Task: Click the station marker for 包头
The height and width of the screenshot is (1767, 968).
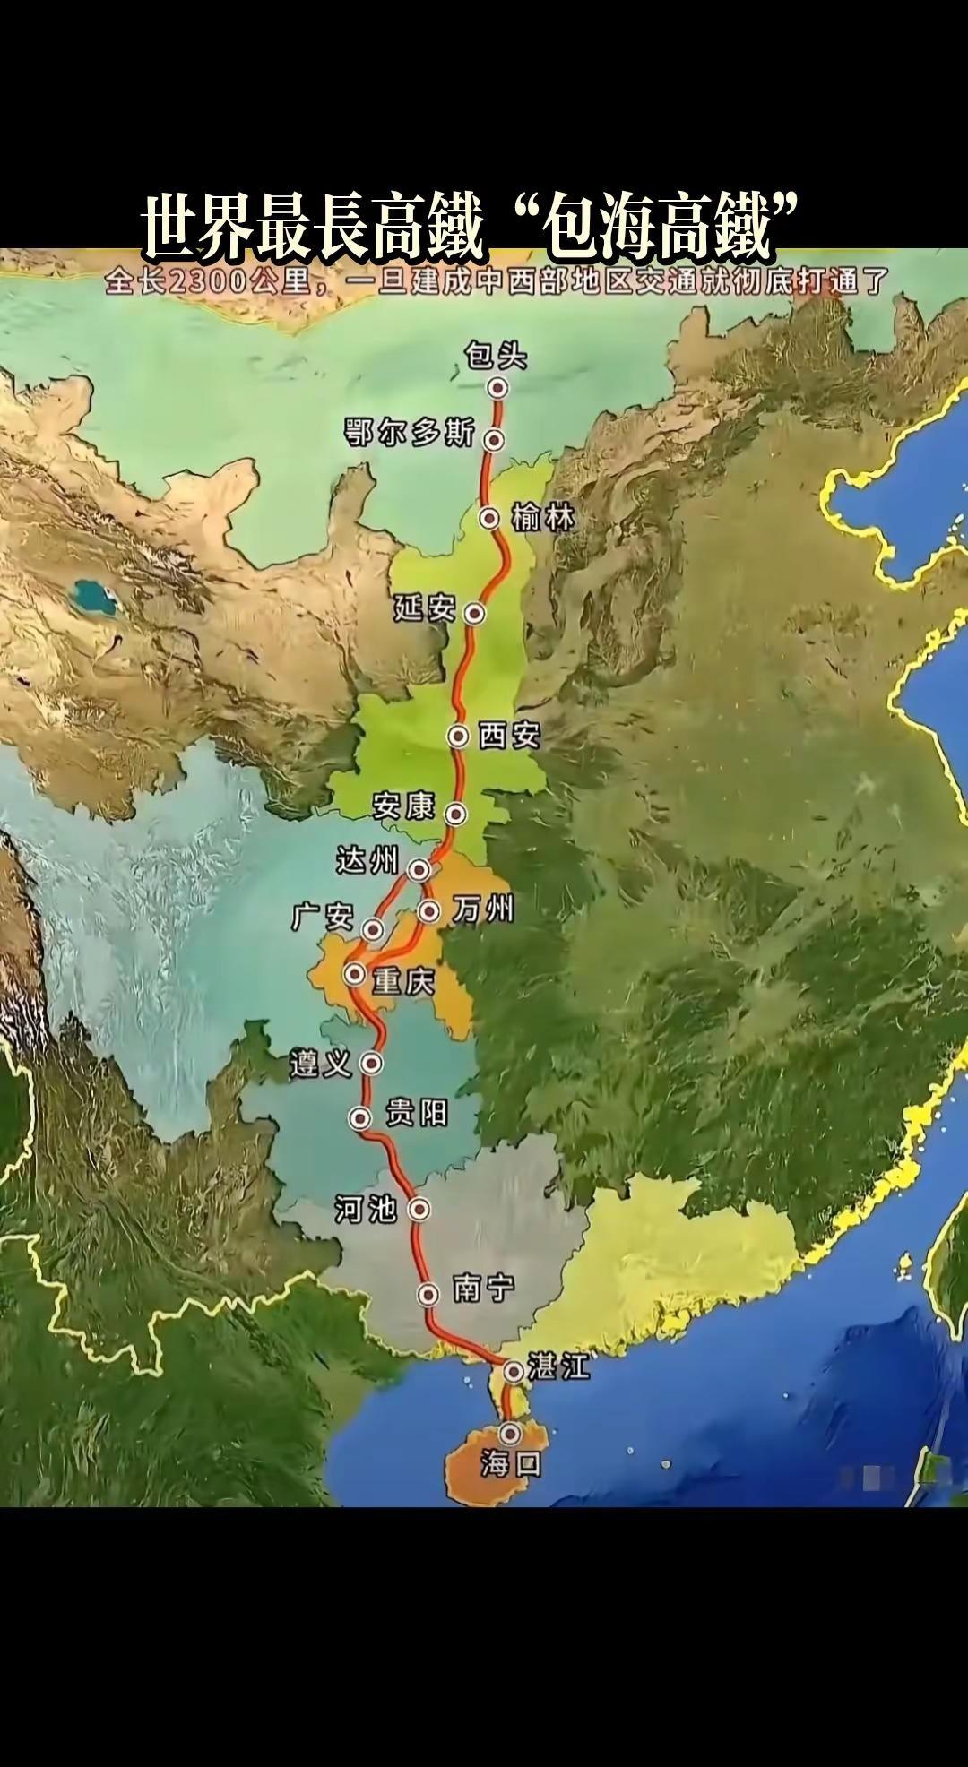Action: point(497,387)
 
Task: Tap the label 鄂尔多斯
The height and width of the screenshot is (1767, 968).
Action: point(410,434)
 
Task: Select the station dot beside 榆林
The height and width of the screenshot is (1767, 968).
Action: point(489,518)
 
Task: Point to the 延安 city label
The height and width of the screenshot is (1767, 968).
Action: point(425,609)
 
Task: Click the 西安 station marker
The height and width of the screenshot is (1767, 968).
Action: point(459,736)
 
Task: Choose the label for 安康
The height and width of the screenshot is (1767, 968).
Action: point(403,806)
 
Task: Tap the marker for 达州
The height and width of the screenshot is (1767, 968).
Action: point(419,869)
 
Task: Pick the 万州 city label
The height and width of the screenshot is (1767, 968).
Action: point(483,910)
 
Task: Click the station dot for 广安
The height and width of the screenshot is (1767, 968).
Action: point(373,928)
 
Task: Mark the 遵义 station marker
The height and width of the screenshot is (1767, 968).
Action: point(371,1064)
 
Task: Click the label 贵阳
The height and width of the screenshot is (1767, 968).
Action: point(416,1114)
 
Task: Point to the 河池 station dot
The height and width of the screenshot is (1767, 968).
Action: point(419,1209)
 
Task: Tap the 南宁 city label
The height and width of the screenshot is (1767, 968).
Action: point(484,1289)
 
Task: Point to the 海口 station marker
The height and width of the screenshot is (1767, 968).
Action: point(511,1432)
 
